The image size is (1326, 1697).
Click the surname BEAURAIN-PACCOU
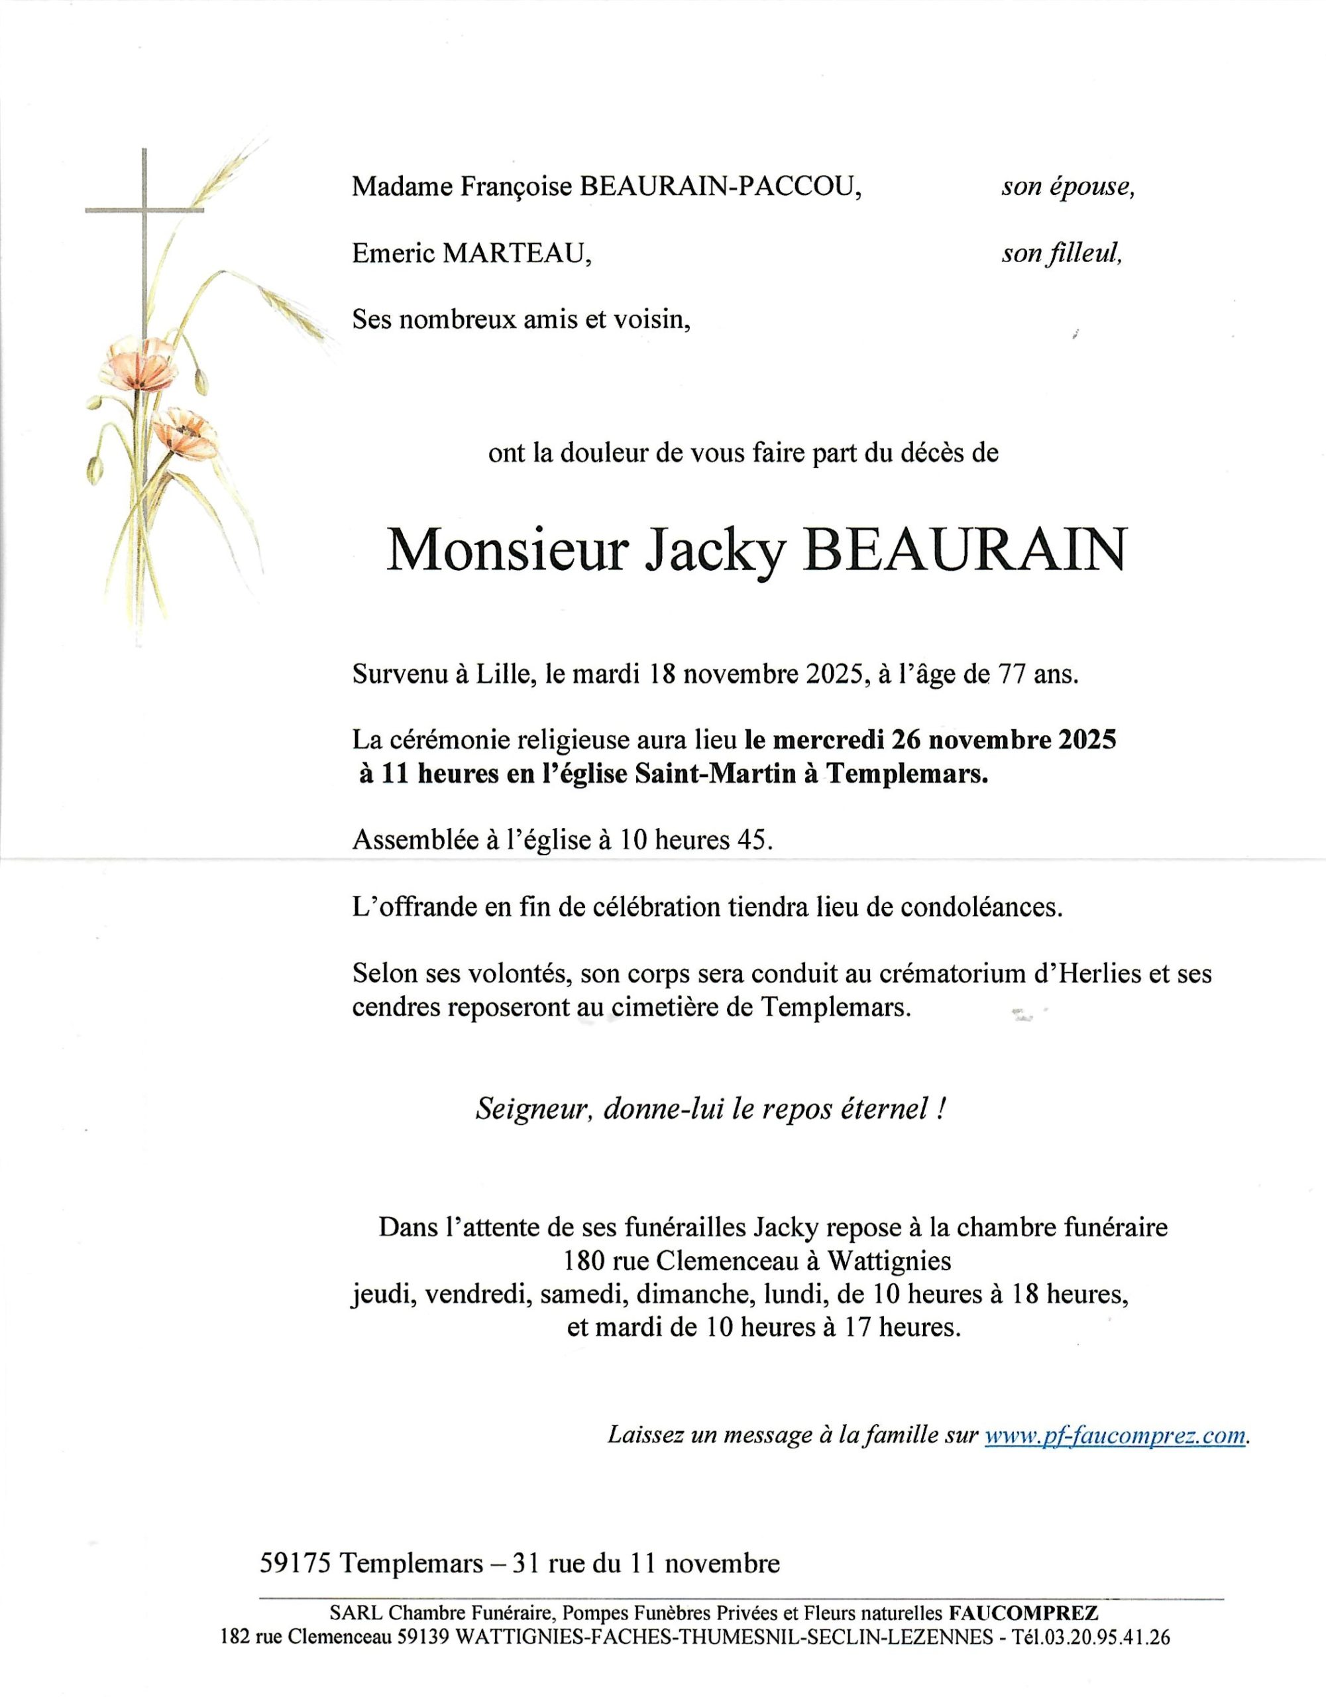(721, 187)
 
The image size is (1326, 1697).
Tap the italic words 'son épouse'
(1068, 187)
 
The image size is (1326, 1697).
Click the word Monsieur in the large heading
(506, 552)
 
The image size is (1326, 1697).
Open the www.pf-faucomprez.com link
(1115, 1436)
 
